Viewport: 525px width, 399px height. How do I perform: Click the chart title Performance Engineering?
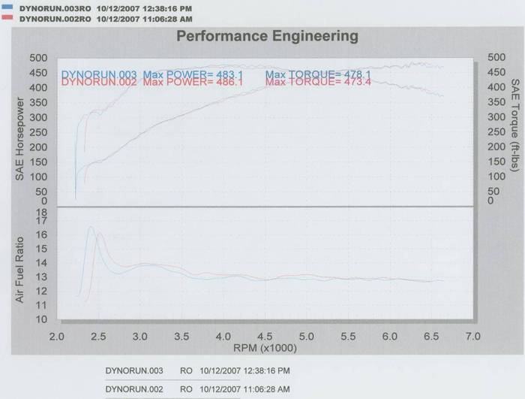click(266, 35)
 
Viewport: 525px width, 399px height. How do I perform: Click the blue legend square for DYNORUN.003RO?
click(7, 5)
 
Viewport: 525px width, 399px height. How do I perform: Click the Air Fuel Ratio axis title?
click(21, 270)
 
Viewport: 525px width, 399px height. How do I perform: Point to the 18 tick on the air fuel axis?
click(42, 213)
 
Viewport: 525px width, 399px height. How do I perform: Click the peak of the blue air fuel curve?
click(91, 227)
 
